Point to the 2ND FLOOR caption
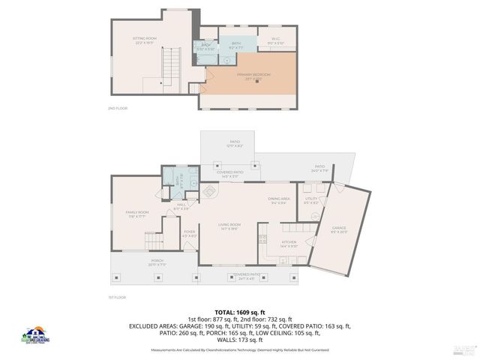coord(118,109)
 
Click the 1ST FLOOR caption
coord(117,297)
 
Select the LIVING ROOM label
coord(229,226)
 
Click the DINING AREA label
coord(279,199)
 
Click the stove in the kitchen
coord(262,240)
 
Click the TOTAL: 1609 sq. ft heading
coord(240,310)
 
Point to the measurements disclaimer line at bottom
coord(240,349)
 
